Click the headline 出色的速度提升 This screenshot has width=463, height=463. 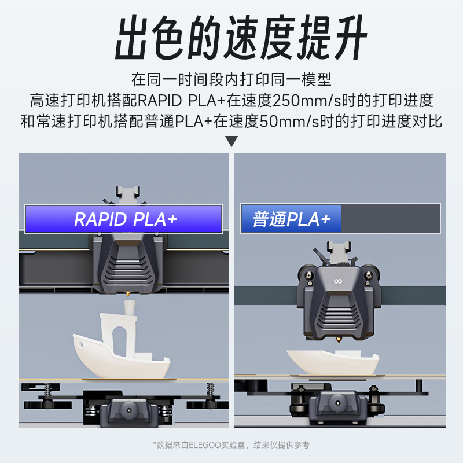tap(231, 39)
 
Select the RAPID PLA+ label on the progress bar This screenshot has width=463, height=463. tap(124, 219)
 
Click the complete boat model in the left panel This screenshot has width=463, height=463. tap(122, 353)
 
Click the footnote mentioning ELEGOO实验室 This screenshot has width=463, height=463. tap(231, 444)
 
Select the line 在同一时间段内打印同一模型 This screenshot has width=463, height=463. tap(231, 79)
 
